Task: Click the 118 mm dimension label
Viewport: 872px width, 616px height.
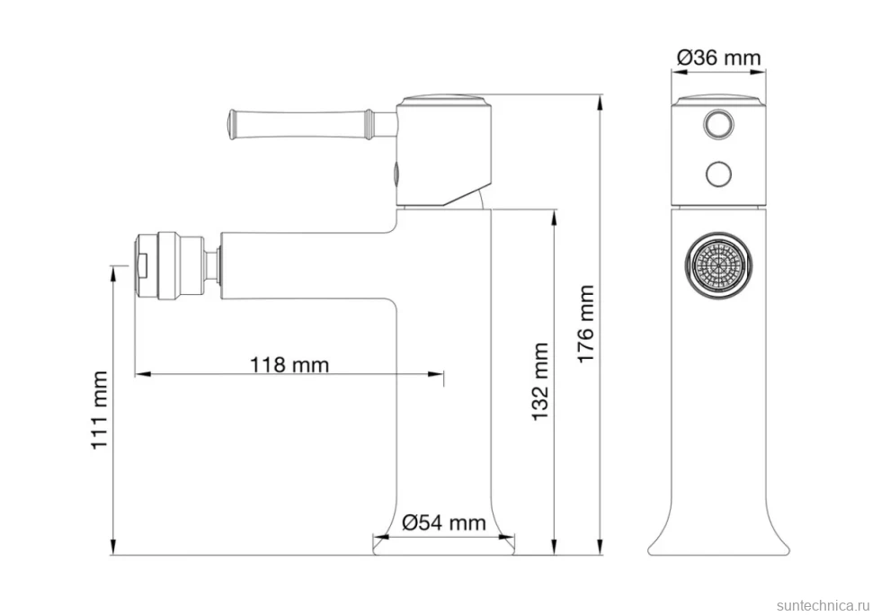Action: (289, 365)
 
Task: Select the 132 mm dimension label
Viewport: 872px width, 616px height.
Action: (540, 381)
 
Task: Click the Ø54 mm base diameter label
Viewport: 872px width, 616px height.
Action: (444, 522)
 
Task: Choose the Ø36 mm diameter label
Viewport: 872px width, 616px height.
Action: (718, 58)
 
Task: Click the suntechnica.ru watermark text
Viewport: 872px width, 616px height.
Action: (823, 605)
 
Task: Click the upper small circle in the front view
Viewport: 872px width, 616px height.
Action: (718, 123)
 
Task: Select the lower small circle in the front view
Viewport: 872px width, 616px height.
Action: (718, 174)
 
